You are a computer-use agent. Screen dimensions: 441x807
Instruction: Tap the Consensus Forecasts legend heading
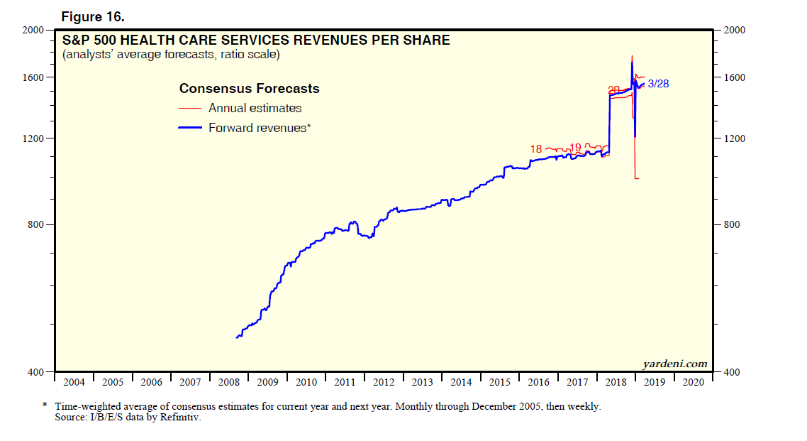coord(249,89)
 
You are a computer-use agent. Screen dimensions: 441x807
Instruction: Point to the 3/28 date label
coord(658,84)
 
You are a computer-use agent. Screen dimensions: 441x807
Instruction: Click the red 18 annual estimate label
coord(536,149)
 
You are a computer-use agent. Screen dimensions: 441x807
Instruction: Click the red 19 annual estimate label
coord(575,148)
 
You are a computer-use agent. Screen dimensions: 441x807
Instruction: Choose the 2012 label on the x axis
coord(384,382)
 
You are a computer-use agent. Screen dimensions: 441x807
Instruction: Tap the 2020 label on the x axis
coord(693,382)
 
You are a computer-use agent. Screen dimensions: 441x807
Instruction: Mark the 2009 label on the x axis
coord(267,382)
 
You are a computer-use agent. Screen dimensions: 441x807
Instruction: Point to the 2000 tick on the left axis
coord(34,31)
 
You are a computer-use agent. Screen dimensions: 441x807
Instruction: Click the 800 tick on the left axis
coord(37,225)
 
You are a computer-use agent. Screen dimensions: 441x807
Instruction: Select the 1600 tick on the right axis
coord(734,77)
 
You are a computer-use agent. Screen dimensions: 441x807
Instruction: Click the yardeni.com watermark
coord(675,364)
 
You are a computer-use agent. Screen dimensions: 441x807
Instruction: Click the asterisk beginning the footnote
coord(45,407)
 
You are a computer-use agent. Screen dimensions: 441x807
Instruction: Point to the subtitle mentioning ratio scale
coord(170,54)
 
